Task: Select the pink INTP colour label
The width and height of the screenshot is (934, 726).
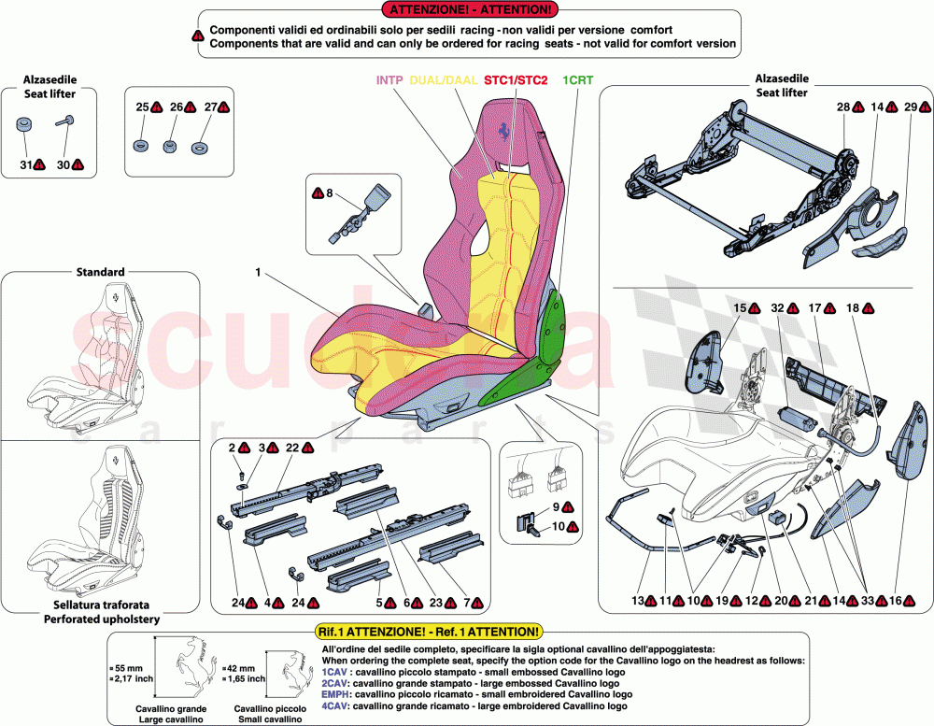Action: click(x=389, y=80)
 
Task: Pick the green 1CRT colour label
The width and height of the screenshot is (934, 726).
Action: click(x=576, y=80)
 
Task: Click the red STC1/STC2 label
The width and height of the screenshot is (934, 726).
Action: click(x=516, y=80)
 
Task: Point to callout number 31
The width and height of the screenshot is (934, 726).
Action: click(x=25, y=164)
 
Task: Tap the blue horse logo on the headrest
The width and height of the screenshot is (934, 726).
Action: click(x=504, y=131)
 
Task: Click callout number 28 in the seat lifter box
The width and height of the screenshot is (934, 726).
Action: click(x=842, y=108)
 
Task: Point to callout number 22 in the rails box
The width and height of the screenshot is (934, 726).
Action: click(x=292, y=448)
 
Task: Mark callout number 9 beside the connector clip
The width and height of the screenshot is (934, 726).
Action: click(x=555, y=506)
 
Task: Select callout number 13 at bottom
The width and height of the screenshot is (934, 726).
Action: click(x=638, y=603)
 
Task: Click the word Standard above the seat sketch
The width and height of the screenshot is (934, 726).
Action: click(x=100, y=272)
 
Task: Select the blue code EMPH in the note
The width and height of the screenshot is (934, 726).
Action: click(x=335, y=694)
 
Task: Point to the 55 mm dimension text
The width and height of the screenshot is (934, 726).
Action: click(x=129, y=668)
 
